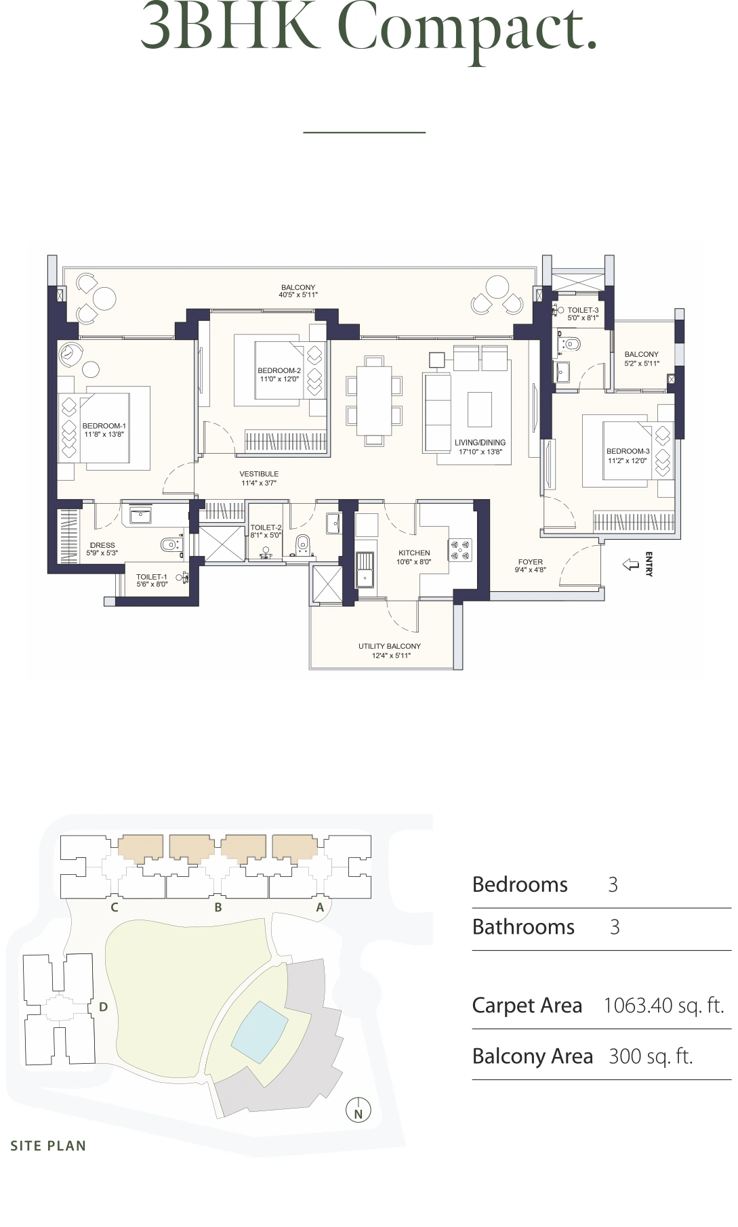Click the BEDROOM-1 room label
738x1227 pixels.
point(104,426)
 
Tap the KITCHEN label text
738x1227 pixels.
point(414,553)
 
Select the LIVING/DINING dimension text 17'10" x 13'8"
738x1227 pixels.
point(480,452)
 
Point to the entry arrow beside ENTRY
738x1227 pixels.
point(631,564)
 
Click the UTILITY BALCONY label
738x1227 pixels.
point(390,646)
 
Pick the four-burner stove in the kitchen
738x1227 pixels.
point(460,549)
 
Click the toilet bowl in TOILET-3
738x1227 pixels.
point(571,344)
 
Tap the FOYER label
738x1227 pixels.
point(530,561)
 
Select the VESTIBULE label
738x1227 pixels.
point(259,474)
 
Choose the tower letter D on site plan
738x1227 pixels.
point(103,1007)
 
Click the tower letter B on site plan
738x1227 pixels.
point(218,907)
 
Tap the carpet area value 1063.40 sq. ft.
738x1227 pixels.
point(663,1006)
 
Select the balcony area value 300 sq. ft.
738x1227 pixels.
point(651,1056)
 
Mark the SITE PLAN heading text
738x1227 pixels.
point(48,1146)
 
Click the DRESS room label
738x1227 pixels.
point(102,545)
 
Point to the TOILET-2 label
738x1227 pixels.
point(266,527)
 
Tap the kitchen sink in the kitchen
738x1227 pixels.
point(365,570)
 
